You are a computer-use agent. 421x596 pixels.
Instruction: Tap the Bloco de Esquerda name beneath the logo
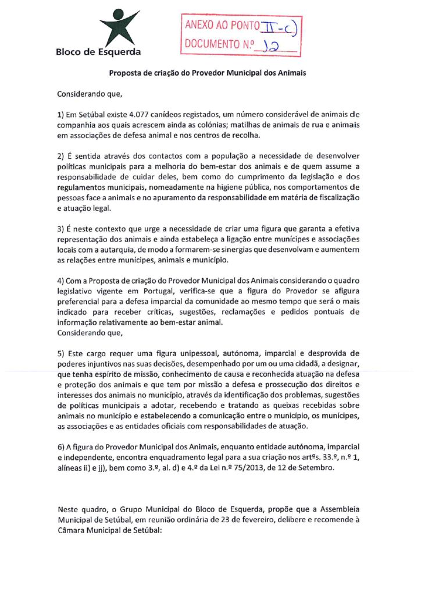click(98, 52)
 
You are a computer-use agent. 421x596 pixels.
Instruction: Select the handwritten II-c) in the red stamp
click(281, 26)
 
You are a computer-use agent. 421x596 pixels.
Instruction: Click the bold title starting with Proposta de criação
click(208, 73)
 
